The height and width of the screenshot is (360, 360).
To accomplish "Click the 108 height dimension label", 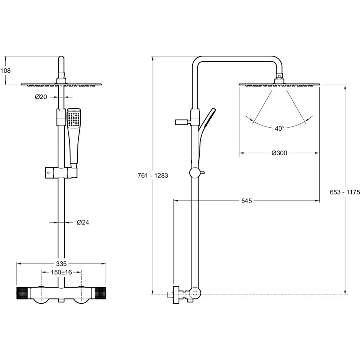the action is [x=5, y=71].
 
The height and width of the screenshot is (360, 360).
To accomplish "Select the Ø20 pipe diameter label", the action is [x=41, y=97].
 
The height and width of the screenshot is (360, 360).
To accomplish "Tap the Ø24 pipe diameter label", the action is [x=83, y=222].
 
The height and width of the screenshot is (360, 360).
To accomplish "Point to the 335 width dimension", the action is [x=61, y=264].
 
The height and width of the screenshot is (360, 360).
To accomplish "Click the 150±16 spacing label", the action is [x=61, y=272].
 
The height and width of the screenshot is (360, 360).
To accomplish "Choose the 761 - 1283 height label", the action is [x=153, y=176].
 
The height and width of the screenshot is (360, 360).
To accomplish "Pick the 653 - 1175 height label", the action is [x=345, y=192].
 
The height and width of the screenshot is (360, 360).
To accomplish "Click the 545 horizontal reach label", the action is [x=247, y=201].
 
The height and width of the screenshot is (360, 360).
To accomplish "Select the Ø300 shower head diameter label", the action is [x=279, y=153].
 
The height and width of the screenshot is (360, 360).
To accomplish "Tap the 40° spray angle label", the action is [x=280, y=129].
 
